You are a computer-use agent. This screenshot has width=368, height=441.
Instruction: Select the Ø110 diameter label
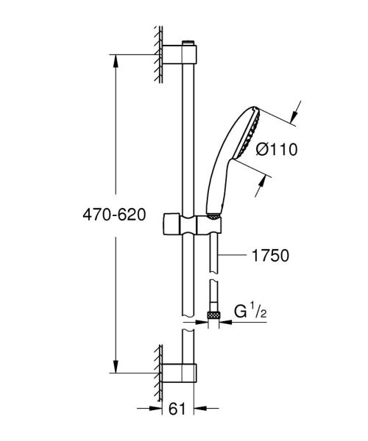(x=276, y=149)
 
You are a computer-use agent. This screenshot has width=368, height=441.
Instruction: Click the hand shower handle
(x=219, y=184)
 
